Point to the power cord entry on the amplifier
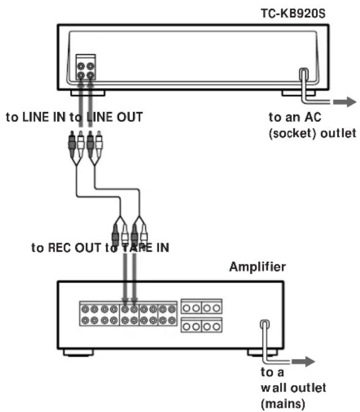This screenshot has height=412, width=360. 263,327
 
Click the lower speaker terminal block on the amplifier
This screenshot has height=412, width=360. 201,325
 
